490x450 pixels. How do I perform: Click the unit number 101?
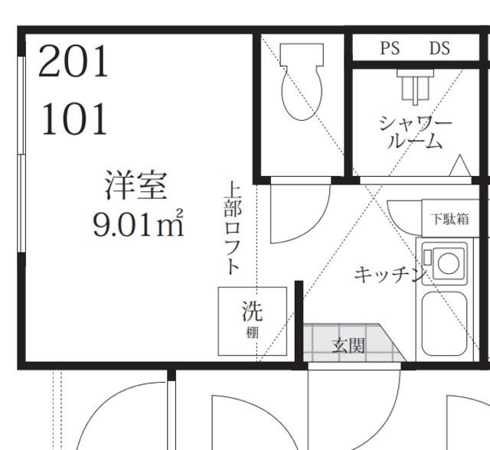(74, 119)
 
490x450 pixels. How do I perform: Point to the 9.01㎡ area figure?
(138, 224)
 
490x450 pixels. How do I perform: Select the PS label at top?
(390, 49)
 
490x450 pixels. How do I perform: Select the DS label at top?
(439, 49)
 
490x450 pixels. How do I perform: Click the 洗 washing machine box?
(252, 320)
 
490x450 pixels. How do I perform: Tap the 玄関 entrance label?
(348, 346)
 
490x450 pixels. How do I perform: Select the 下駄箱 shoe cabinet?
(449, 219)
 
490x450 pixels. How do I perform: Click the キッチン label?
(389, 275)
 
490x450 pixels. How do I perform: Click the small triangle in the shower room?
(459, 165)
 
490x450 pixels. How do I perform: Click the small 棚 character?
(252, 333)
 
